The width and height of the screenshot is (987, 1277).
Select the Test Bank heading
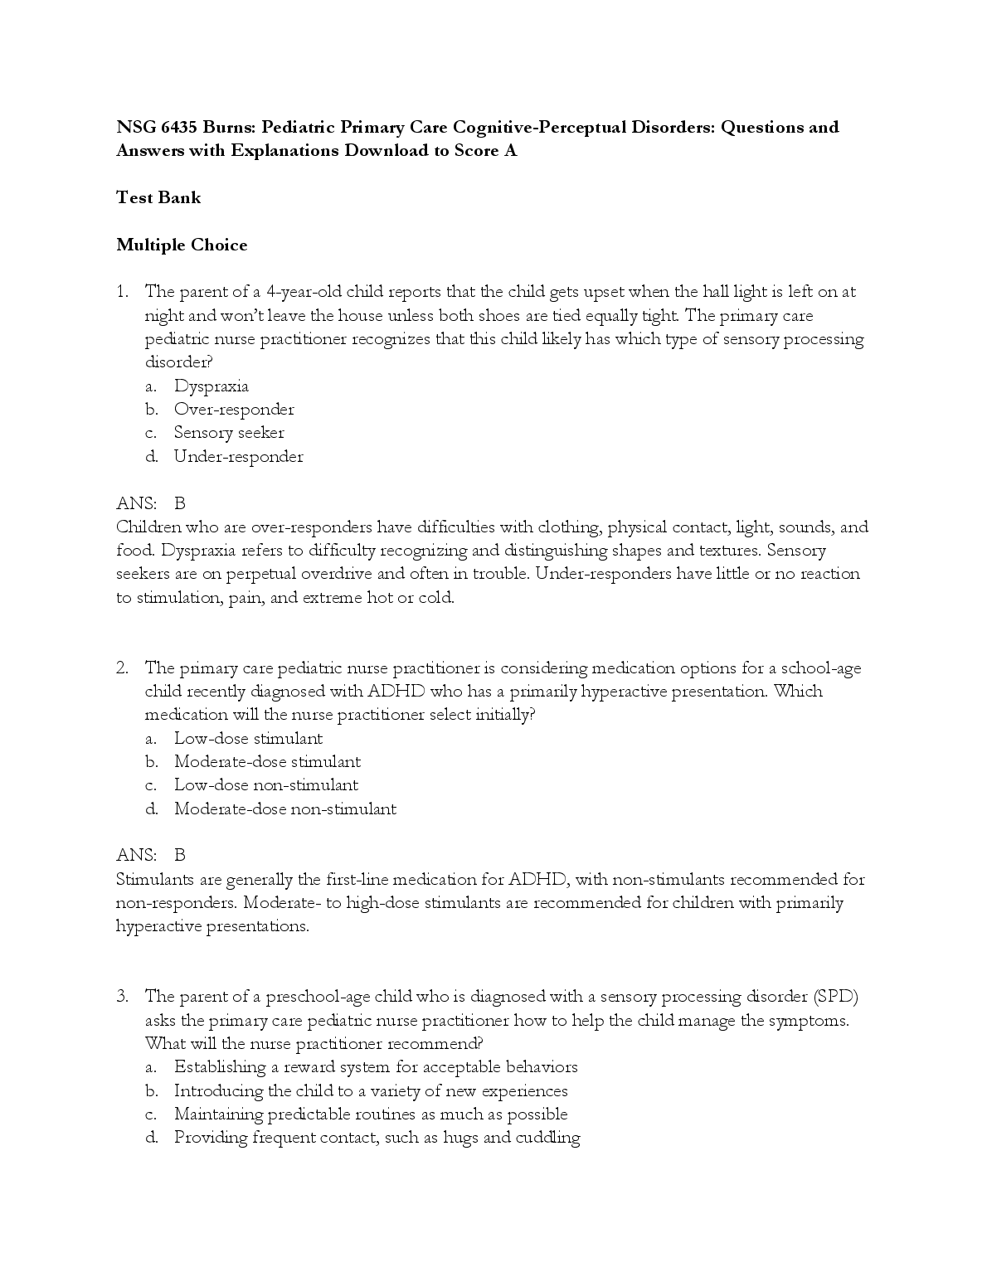(x=158, y=197)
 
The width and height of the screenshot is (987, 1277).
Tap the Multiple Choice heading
(x=182, y=245)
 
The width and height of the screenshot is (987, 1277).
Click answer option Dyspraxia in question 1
(x=211, y=386)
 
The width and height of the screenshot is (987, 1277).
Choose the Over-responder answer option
(x=234, y=409)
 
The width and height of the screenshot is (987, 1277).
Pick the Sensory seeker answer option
(x=229, y=432)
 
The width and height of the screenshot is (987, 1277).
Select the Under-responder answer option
(x=238, y=456)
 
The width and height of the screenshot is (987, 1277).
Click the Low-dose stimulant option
(x=248, y=738)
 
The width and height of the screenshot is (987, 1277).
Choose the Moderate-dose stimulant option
(x=267, y=761)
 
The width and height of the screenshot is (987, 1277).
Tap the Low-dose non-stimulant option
(x=266, y=784)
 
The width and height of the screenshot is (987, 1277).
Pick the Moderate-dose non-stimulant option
(x=285, y=808)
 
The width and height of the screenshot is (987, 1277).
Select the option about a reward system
(x=376, y=1066)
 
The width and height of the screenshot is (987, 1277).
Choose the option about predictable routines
(x=371, y=1114)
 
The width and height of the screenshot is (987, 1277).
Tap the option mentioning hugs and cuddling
(x=377, y=1137)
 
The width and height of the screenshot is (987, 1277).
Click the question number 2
(x=122, y=668)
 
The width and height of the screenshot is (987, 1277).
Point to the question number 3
(x=122, y=996)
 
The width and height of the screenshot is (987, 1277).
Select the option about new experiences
(x=371, y=1090)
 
